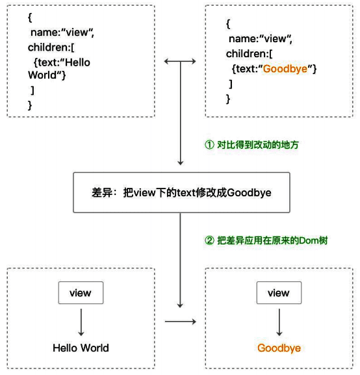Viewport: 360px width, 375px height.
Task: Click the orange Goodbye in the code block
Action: [285, 69]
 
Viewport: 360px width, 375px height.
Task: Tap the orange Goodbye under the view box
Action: [279, 348]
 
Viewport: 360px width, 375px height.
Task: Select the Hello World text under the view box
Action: [81, 348]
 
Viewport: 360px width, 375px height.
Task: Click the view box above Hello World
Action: [81, 293]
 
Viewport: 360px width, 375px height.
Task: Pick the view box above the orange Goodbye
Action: [279, 293]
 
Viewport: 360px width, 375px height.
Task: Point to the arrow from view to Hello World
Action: [81, 322]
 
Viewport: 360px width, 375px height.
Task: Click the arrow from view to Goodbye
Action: [279, 322]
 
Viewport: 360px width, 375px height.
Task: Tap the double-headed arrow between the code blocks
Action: [180, 62]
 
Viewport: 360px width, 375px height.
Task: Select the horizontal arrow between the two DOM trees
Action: [181, 322]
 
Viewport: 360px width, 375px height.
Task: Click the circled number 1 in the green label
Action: [209, 145]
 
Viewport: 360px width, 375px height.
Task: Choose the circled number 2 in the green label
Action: [209, 240]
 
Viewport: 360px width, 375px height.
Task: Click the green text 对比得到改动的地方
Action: [258, 145]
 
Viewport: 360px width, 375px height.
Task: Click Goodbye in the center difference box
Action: [249, 193]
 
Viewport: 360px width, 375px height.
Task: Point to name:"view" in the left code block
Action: [62, 32]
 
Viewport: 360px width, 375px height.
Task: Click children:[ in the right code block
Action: [250, 54]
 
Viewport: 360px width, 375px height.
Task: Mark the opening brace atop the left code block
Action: [30, 18]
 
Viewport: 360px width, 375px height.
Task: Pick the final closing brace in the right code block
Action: [228, 99]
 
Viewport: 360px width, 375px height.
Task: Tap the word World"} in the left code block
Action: [47, 75]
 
